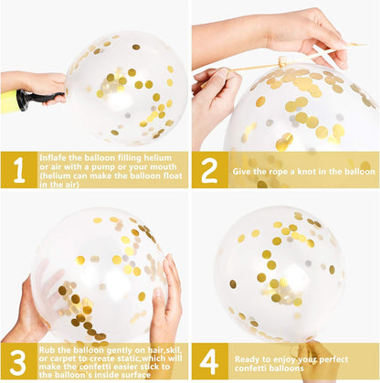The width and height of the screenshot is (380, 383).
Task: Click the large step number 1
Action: (19, 170)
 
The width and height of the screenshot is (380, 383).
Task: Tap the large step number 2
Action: (209, 170)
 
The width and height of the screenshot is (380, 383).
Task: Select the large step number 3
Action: (17, 363)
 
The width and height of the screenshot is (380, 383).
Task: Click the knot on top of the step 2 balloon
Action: (282, 62)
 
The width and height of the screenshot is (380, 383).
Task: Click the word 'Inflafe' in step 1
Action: (53, 158)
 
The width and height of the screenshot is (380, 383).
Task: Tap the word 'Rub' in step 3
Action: (46, 350)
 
